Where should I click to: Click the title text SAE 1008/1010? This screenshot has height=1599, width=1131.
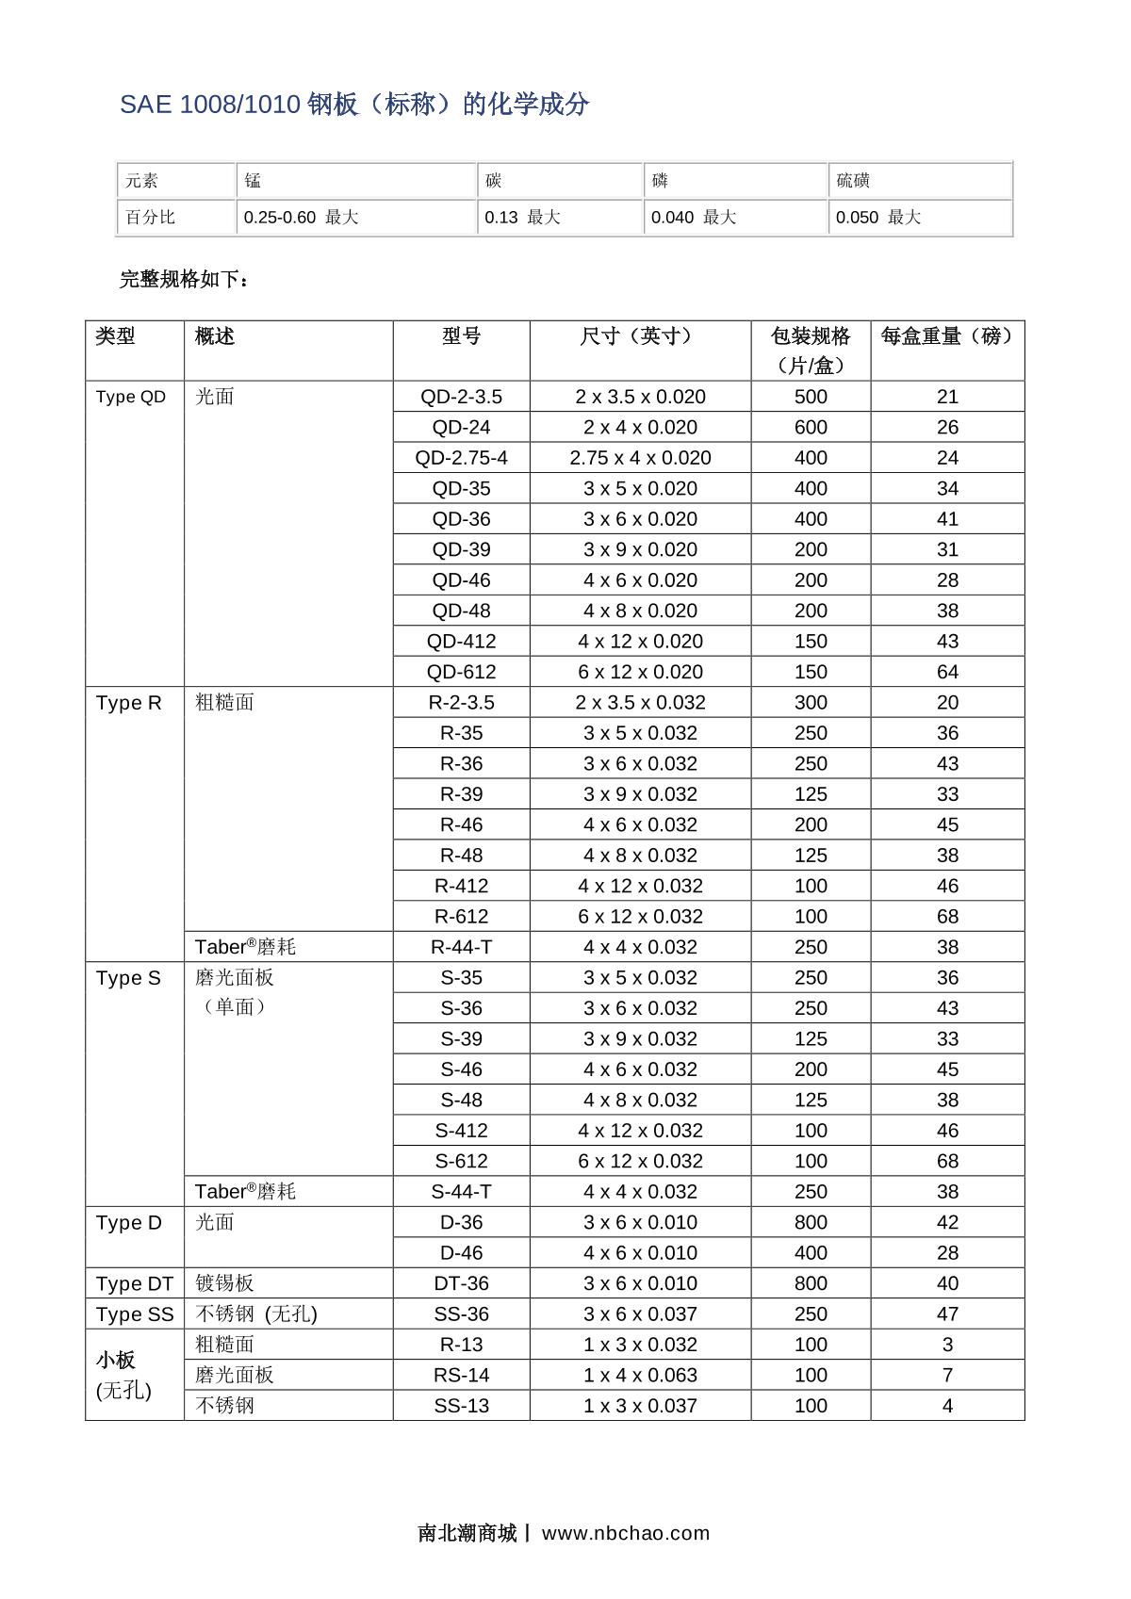[210, 105]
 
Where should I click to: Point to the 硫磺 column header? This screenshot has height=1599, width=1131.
[853, 180]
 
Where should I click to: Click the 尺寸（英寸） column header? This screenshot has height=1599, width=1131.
[640, 336]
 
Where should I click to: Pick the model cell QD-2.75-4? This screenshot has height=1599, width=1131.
[461, 458]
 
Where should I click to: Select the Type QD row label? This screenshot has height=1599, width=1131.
[130, 397]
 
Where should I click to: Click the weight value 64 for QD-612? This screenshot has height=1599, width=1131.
[947, 672]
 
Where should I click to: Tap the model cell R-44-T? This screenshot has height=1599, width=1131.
[461, 947]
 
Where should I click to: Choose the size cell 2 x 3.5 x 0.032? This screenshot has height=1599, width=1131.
[640, 703]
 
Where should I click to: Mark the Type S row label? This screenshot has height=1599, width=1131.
[128, 978]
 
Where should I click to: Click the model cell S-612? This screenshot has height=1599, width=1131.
[461, 1161]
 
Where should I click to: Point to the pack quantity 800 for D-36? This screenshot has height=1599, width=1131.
[811, 1222]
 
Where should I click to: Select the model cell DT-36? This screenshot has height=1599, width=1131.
[461, 1283]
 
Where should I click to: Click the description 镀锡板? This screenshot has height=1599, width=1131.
[224, 1283]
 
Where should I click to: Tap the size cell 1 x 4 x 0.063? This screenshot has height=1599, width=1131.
[640, 1375]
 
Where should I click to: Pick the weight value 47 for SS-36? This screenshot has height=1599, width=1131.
[947, 1313]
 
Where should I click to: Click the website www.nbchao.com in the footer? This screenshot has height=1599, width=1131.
[626, 1533]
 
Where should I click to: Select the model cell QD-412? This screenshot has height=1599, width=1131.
[461, 642]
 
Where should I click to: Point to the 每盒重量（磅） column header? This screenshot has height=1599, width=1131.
[947, 336]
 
